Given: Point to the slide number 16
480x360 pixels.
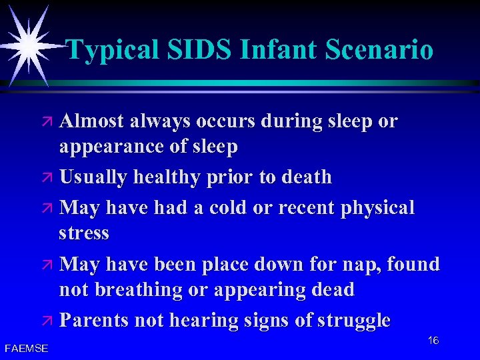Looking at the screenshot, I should tap(433, 341).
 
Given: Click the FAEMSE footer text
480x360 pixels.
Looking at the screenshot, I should tap(26, 347).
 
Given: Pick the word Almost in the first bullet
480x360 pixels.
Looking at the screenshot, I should tap(92, 121).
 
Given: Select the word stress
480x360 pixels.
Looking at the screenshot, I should tap(84, 233).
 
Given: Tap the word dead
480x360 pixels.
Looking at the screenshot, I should tap(331, 291).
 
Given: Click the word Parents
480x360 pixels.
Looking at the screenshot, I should tap(94, 321).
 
